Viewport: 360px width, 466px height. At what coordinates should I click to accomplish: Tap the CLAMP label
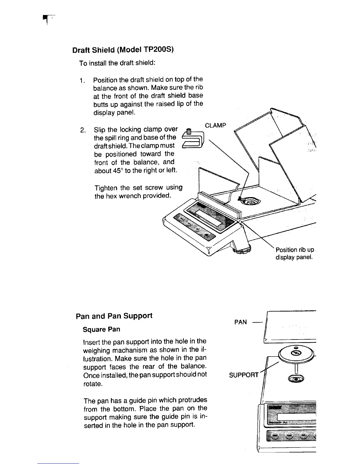point(215,126)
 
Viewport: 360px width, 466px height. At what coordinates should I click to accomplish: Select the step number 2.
point(83,130)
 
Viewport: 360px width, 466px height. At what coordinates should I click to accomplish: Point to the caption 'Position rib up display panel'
point(294,254)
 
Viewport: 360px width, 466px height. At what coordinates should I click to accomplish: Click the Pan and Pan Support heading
point(114,316)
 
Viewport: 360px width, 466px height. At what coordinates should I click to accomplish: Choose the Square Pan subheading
point(101,329)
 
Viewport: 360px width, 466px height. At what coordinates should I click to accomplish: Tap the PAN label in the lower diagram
point(241,322)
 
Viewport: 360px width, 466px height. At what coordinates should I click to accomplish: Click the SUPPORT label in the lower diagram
point(244,375)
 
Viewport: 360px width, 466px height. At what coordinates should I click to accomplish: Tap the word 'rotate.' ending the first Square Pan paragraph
point(93,384)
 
